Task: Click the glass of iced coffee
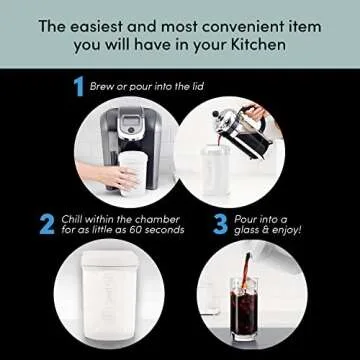pyautogui.click(x=252, y=310)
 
